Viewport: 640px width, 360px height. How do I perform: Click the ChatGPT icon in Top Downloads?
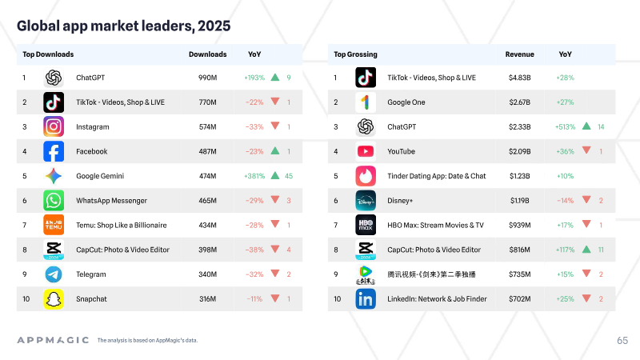coord(54,78)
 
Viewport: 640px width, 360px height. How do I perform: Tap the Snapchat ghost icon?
coord(54,298)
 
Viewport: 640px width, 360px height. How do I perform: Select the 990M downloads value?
coord(208,78)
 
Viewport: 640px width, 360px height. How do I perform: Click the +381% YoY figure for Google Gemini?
coord(254,176)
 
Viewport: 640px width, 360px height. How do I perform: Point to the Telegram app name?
coord(91,274)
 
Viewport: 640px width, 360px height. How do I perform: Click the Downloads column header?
coord(208,54)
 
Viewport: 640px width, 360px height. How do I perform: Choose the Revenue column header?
coord(519,54)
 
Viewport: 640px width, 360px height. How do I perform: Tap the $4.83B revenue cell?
coord(519,78)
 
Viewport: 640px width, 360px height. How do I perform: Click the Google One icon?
coord(366,102)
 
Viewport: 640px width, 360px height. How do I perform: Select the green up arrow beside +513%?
coord(586,126)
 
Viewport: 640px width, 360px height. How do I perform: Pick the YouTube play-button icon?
coord(366,151)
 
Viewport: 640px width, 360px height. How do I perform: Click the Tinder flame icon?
coord(366,176)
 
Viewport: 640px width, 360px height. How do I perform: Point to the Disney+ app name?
coord(400,201)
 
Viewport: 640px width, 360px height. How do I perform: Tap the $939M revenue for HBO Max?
coord(519,225)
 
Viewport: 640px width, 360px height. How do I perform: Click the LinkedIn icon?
coord(366,298)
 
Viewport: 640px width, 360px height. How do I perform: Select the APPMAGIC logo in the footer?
coord(53,340)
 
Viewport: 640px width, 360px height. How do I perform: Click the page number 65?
coord(622,341)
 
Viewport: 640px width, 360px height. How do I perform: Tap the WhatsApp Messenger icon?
coord(54,201)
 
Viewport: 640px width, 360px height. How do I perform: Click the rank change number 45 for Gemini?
coord(289,176)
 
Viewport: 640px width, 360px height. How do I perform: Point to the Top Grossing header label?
coord(355,54)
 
